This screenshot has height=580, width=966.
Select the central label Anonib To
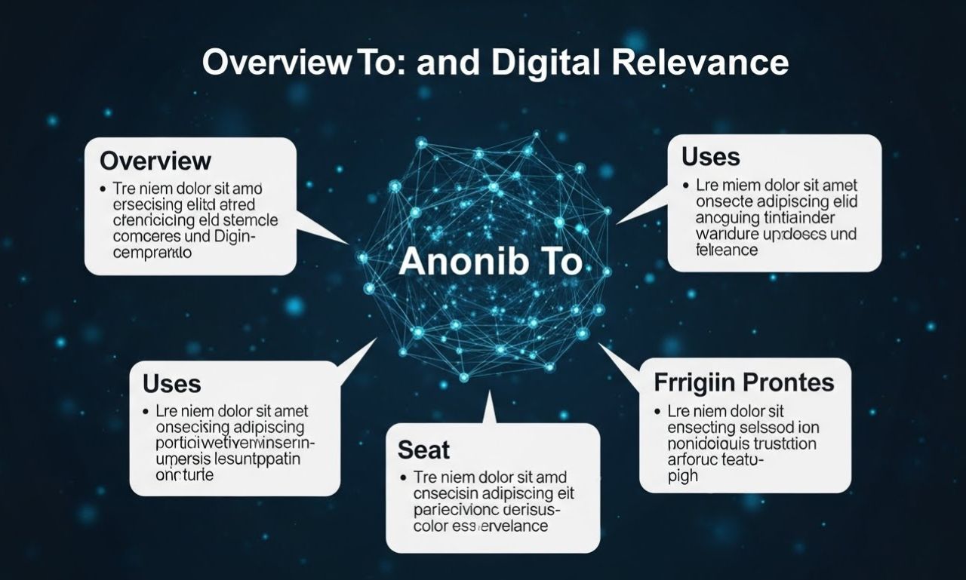tap(491, 262)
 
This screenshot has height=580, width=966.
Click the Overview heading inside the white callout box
tap(155, 161)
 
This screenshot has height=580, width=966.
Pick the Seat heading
tap(423, 450)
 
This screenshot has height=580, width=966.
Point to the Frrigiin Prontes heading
tap(744, 382)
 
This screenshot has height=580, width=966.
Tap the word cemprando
tap(152, 254)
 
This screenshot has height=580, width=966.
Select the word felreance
tap(727, 250)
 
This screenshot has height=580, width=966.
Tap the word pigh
tap(683, 476)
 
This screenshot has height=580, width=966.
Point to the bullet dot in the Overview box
tap(101, 189)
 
